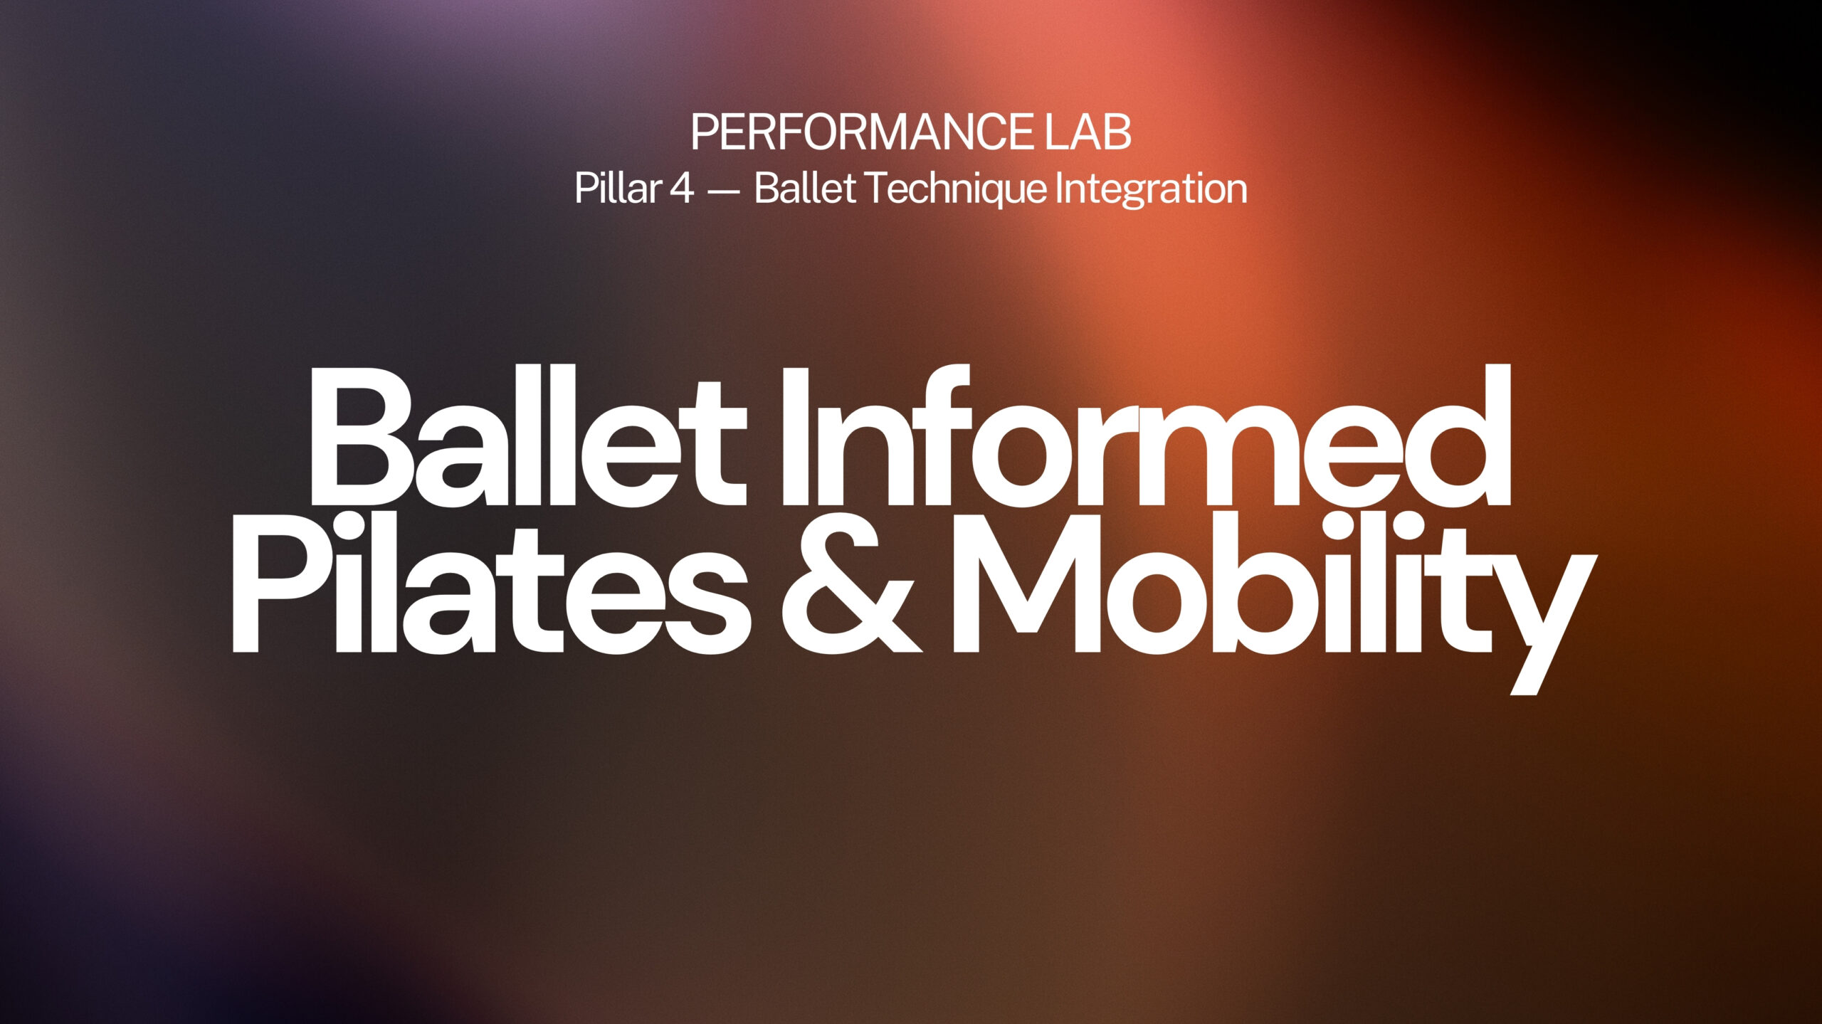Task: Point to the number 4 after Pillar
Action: tap(681, 189)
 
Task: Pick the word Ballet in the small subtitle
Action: tap(805, 188)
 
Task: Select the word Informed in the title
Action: tap(1146, 436)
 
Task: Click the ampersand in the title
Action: tap(851, 582)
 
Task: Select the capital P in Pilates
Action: tap(279, 582)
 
